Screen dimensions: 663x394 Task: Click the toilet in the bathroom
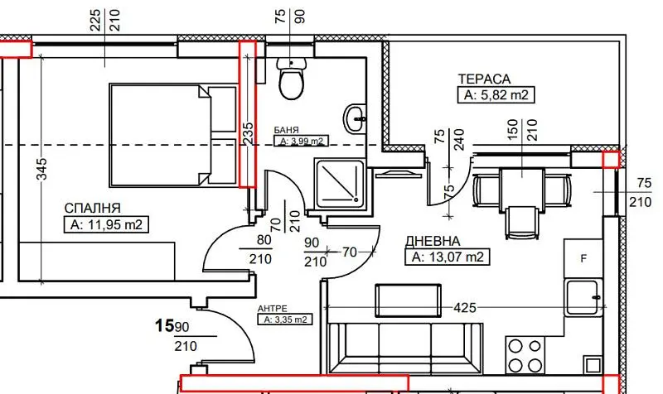tap(291, 78)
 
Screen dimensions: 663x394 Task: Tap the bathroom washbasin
tap(355, 119)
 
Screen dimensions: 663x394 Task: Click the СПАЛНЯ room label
tap(92, 208)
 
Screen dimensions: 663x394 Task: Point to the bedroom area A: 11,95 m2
tap(106, 224)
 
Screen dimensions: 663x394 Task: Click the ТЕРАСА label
tap(485, 79)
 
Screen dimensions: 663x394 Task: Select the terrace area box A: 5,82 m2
tap(496, 95)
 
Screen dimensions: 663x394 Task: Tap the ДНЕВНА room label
tap(433, 241)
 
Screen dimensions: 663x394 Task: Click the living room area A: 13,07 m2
tap(448, 257)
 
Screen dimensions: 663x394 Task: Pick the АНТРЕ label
tap(273, 309)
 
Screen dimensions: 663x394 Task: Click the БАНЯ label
tap(286, 131)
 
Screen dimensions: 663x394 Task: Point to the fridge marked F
tap(583, 258)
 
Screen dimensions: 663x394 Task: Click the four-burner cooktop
tap(525, 355)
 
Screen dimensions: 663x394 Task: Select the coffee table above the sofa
tap(408, 300)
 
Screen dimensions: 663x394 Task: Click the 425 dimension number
tap(465, 308)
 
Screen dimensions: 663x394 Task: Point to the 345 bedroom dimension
tap(42, 169)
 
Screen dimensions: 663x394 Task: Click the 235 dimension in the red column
tap(248, 134)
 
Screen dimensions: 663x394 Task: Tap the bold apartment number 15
tap(164, 325)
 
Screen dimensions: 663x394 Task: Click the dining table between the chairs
tap(522, 189)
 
